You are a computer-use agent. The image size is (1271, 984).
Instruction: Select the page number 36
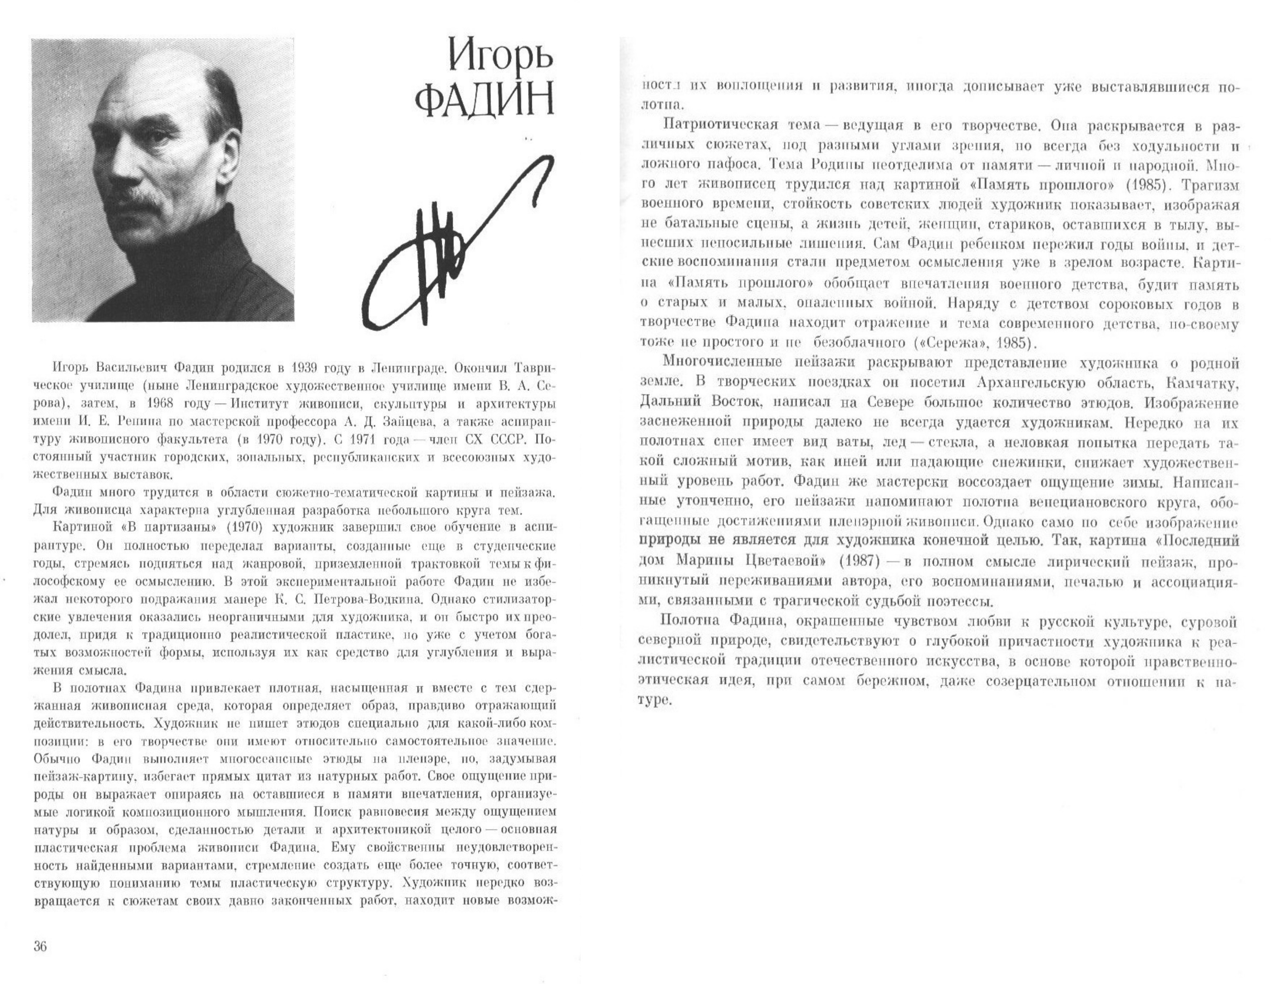tap(40, 946)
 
